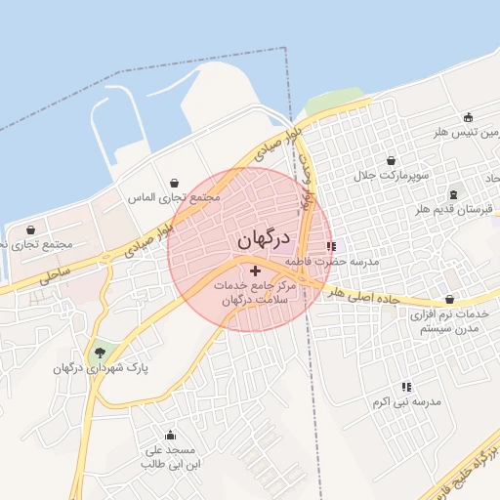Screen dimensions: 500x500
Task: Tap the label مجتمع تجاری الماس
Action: pos(175,196)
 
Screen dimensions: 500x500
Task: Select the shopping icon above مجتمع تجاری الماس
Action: pos(175,183)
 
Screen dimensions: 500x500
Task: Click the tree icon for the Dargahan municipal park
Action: pos(99,353)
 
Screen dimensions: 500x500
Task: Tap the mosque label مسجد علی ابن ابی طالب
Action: pos(171,457)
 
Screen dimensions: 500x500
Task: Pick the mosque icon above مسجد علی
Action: pos(172,436)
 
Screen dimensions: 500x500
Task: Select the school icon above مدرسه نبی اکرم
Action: pos(406,387)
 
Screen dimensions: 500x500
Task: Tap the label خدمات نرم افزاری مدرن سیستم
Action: pos(450,321)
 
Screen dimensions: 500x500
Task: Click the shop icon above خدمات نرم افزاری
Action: pos(449,300)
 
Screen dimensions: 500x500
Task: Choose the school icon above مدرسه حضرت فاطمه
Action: pos(331,247)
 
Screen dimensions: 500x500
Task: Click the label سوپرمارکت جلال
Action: pos(392,175)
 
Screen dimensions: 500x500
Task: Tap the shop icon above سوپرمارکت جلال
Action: pos(392,160)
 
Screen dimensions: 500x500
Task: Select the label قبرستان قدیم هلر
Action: pos(452,210)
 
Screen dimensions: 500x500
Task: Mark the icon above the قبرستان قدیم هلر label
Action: pos(453,194)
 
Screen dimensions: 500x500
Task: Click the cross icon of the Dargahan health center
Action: pos(256,270)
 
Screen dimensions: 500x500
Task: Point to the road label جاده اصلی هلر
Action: pos(363,296)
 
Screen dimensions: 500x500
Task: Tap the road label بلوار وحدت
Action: pos(309,177)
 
